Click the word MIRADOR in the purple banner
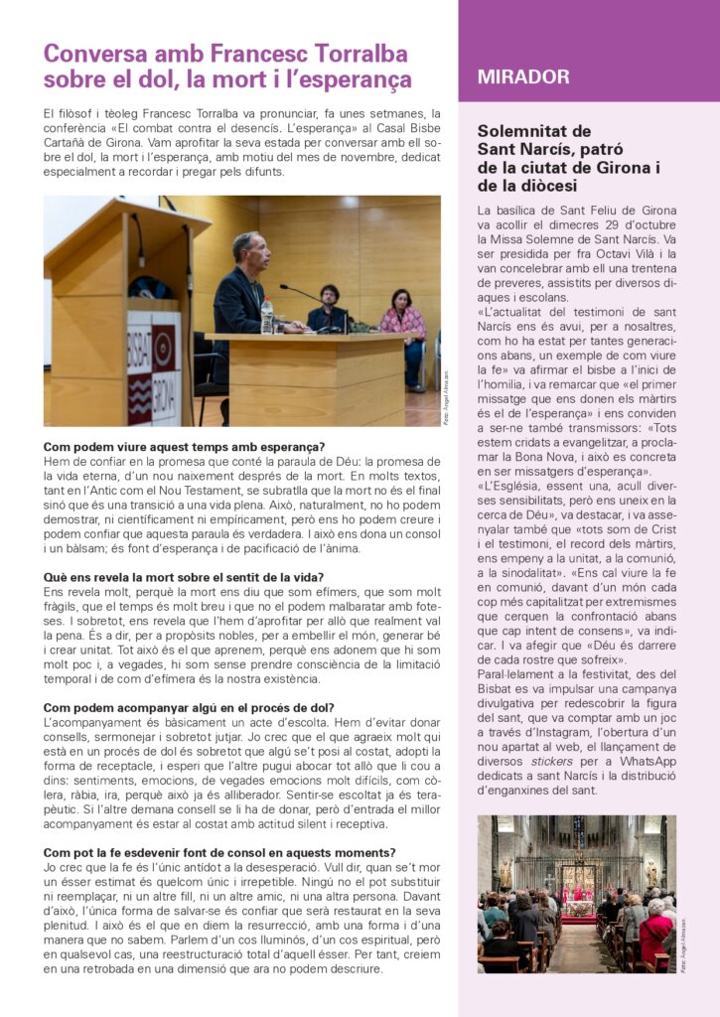523,77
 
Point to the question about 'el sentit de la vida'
184,577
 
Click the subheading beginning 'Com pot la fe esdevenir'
219,852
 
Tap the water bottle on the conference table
266,317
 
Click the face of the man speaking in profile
246,250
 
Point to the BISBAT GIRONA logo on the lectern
153,367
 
